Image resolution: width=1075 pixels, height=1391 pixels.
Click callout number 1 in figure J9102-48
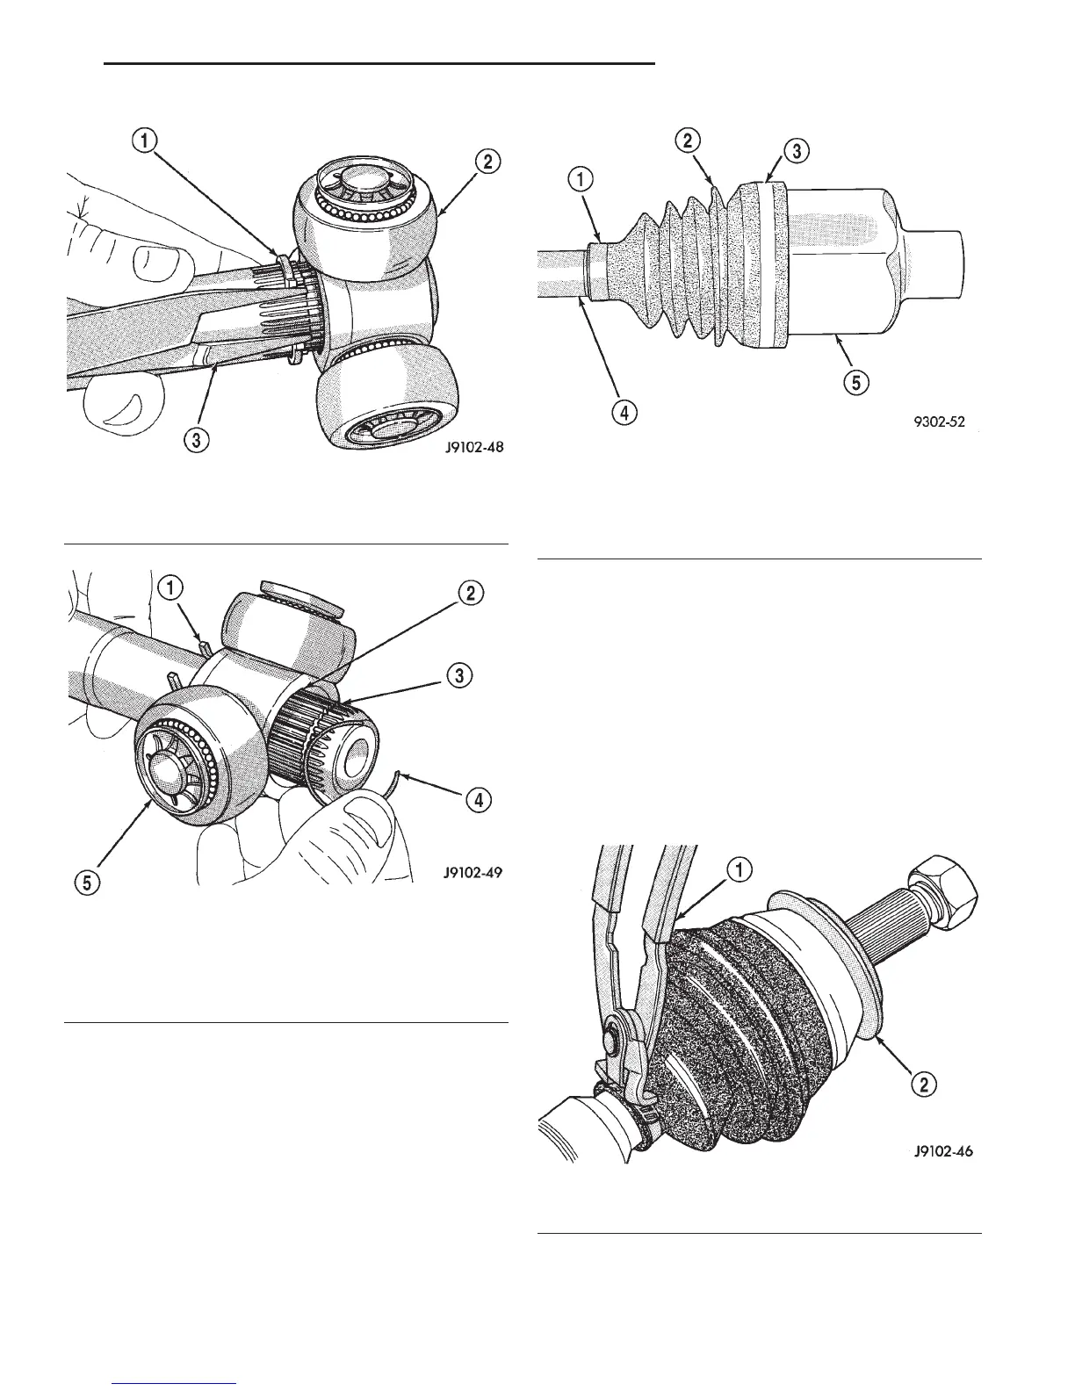click(x=146, y=139)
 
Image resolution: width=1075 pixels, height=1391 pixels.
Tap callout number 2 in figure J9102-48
click(x=487, y=161)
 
